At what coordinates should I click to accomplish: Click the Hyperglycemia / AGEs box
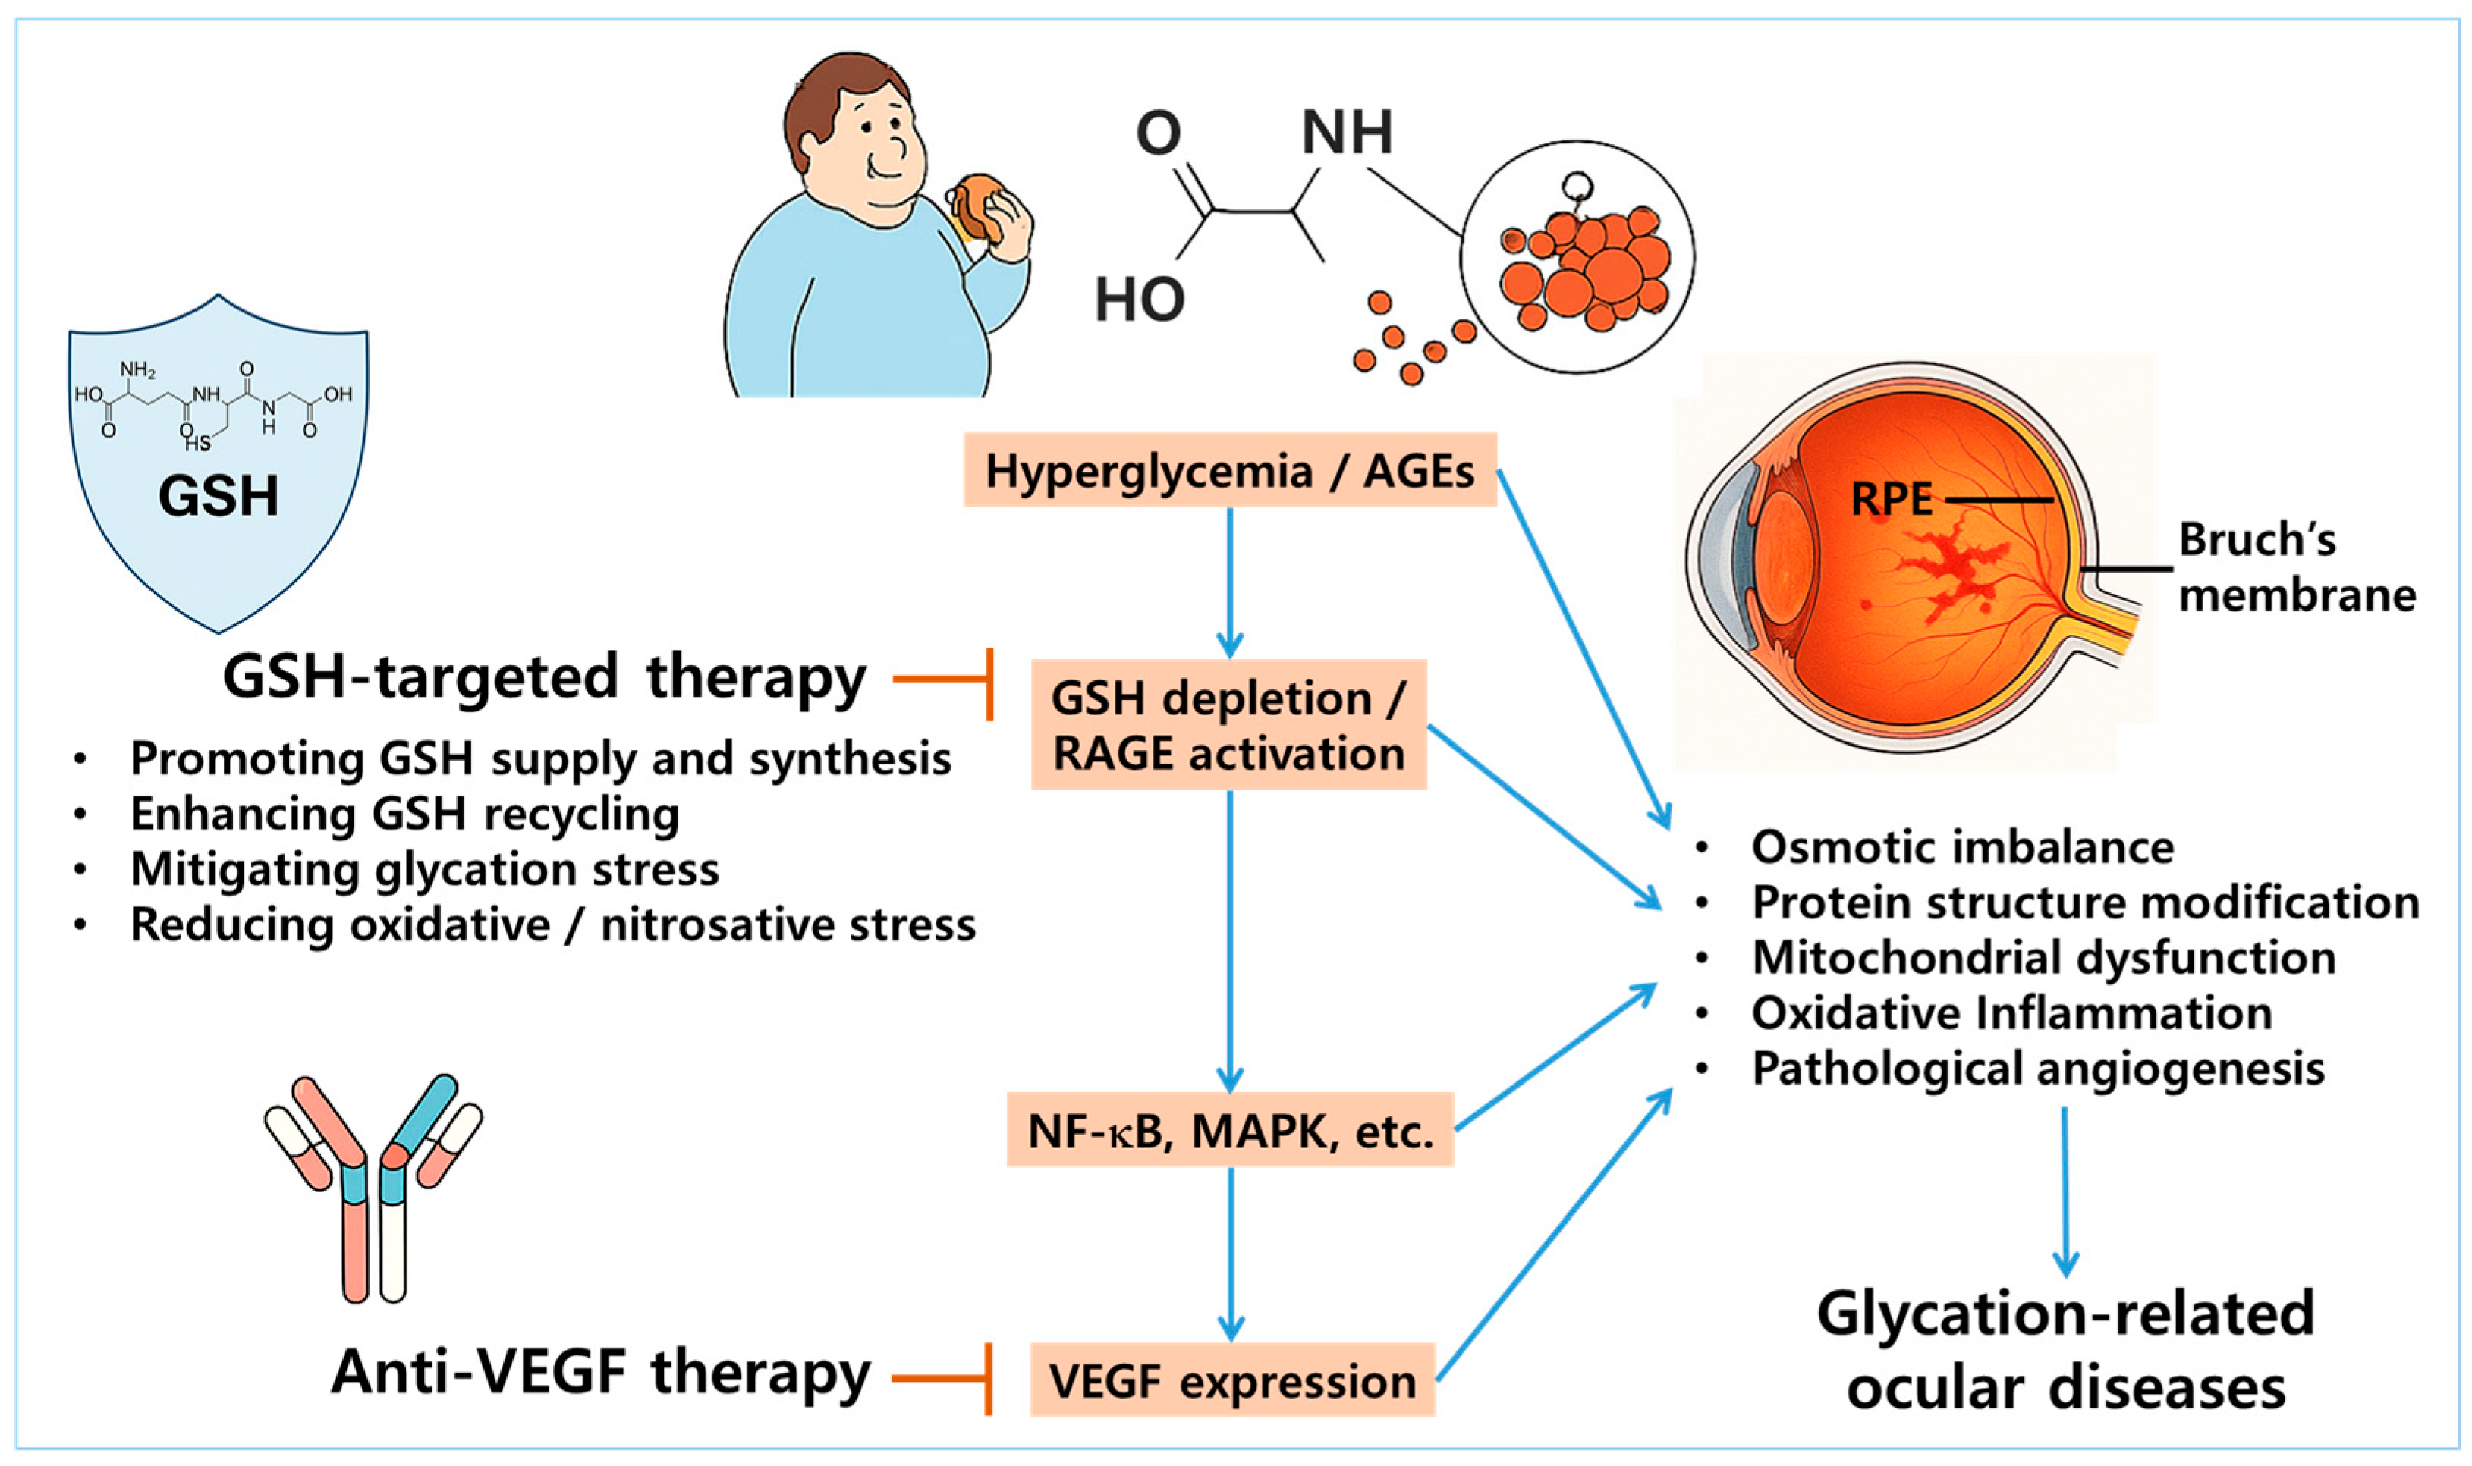[x=1229, y=470]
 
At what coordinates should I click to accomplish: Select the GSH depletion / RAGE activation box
[x=1228, y=725]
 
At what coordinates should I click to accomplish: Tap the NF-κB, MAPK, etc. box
[x=1229, y=1131]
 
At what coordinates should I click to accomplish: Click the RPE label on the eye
[x=1890, y=499]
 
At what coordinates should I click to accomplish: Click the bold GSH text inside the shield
[x=219, y=496]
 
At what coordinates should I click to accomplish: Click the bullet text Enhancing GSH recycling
[x=404, y=814]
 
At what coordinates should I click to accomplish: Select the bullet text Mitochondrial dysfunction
[x=2043, y=957]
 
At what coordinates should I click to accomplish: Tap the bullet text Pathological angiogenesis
[x=2037, y=1068]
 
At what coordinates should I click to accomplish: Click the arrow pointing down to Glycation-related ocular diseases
[x=2065, y=1191]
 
